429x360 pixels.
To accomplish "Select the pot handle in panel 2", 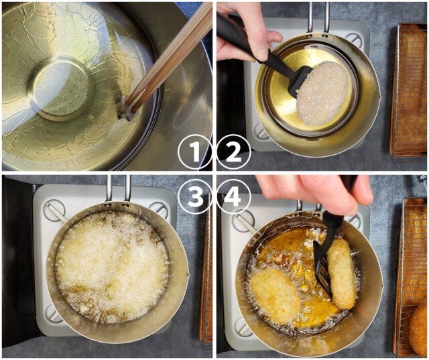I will point(318,17).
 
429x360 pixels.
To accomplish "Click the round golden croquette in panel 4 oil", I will point(275,296).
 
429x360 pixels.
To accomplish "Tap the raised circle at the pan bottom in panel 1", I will point(61,87).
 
